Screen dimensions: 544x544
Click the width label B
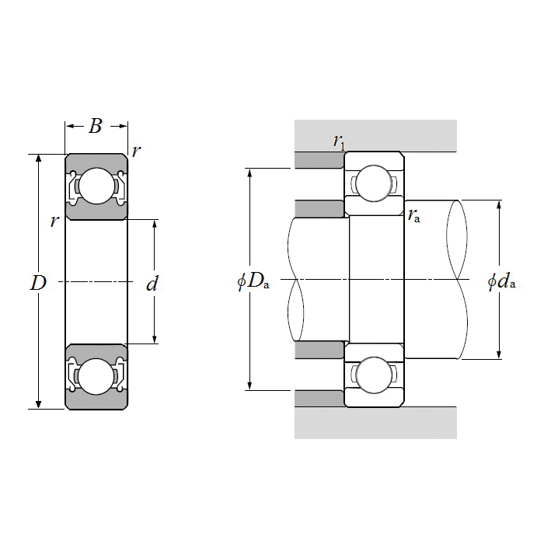click(x=95, y=126)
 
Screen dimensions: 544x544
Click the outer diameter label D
click(x=38, y=283)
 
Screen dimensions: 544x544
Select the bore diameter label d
click(x=152, y=283)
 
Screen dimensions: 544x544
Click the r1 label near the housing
click(x=340, y=141)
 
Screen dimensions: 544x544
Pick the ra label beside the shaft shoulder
click(x=414, y=216)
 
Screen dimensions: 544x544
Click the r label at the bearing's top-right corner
click(x=136, y=152)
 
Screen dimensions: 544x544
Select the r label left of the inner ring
click(x=54, y=221)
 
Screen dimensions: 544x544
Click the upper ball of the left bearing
click(x=96, y=186)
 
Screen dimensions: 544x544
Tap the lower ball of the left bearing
click(x=96, y=377)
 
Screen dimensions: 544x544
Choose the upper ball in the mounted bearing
click(x=374, y=183)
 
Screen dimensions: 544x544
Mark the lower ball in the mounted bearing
click(x=374, y=375)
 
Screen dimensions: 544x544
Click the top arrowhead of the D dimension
click(x=39, y=159)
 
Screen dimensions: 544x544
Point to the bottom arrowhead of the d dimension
click(x=155, y=340)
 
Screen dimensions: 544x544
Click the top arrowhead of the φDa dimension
click(x=249, y=173)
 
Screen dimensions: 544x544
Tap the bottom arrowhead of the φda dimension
click(x=499, y=354)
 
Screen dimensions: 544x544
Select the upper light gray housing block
click(x=375, y=136)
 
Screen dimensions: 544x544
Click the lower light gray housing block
click(x=375, y=423)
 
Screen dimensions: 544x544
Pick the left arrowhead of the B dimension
click(x=70, y=126)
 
